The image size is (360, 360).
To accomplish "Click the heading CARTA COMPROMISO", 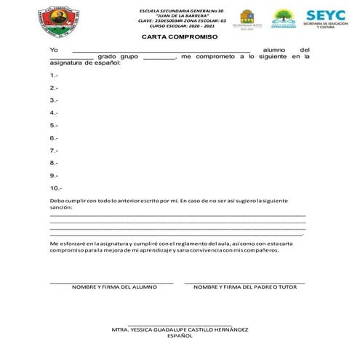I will (180, 36).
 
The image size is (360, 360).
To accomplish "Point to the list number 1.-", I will (54, 76).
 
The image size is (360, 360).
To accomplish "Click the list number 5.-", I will (54, 126).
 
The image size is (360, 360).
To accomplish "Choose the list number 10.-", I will (56, 188).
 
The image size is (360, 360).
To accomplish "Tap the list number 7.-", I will (54, 151).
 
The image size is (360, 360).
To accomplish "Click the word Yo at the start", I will (53, 48).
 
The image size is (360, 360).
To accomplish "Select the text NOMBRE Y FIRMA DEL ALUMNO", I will (114, 287).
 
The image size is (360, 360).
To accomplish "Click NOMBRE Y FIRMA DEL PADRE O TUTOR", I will (246, 287).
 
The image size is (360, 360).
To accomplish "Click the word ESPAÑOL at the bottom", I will (180, 337).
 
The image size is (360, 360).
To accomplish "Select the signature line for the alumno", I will (111, 282).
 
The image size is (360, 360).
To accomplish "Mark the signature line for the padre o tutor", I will (245, 282).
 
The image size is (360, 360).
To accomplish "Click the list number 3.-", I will (54, 100).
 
